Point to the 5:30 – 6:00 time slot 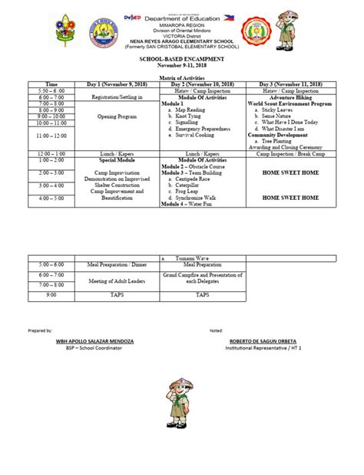click(x=51, y=90)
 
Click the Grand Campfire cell click(x=202, y=279)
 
